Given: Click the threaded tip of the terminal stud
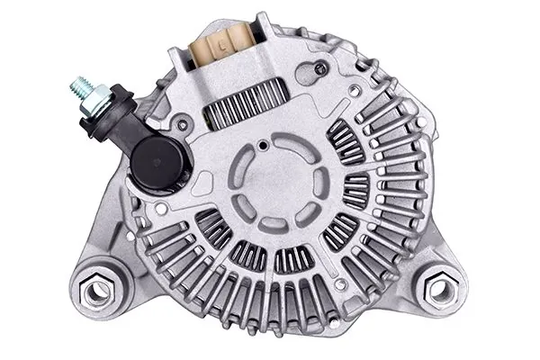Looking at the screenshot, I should tap(76, 88).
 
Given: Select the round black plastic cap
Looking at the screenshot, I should tap(159, 162).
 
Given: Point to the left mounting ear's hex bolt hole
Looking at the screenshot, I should tap(96, 290).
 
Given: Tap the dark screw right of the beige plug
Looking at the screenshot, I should tap(320, 67).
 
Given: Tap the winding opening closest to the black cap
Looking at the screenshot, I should tap(214, 227).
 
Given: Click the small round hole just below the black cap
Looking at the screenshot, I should tap(160, 209).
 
